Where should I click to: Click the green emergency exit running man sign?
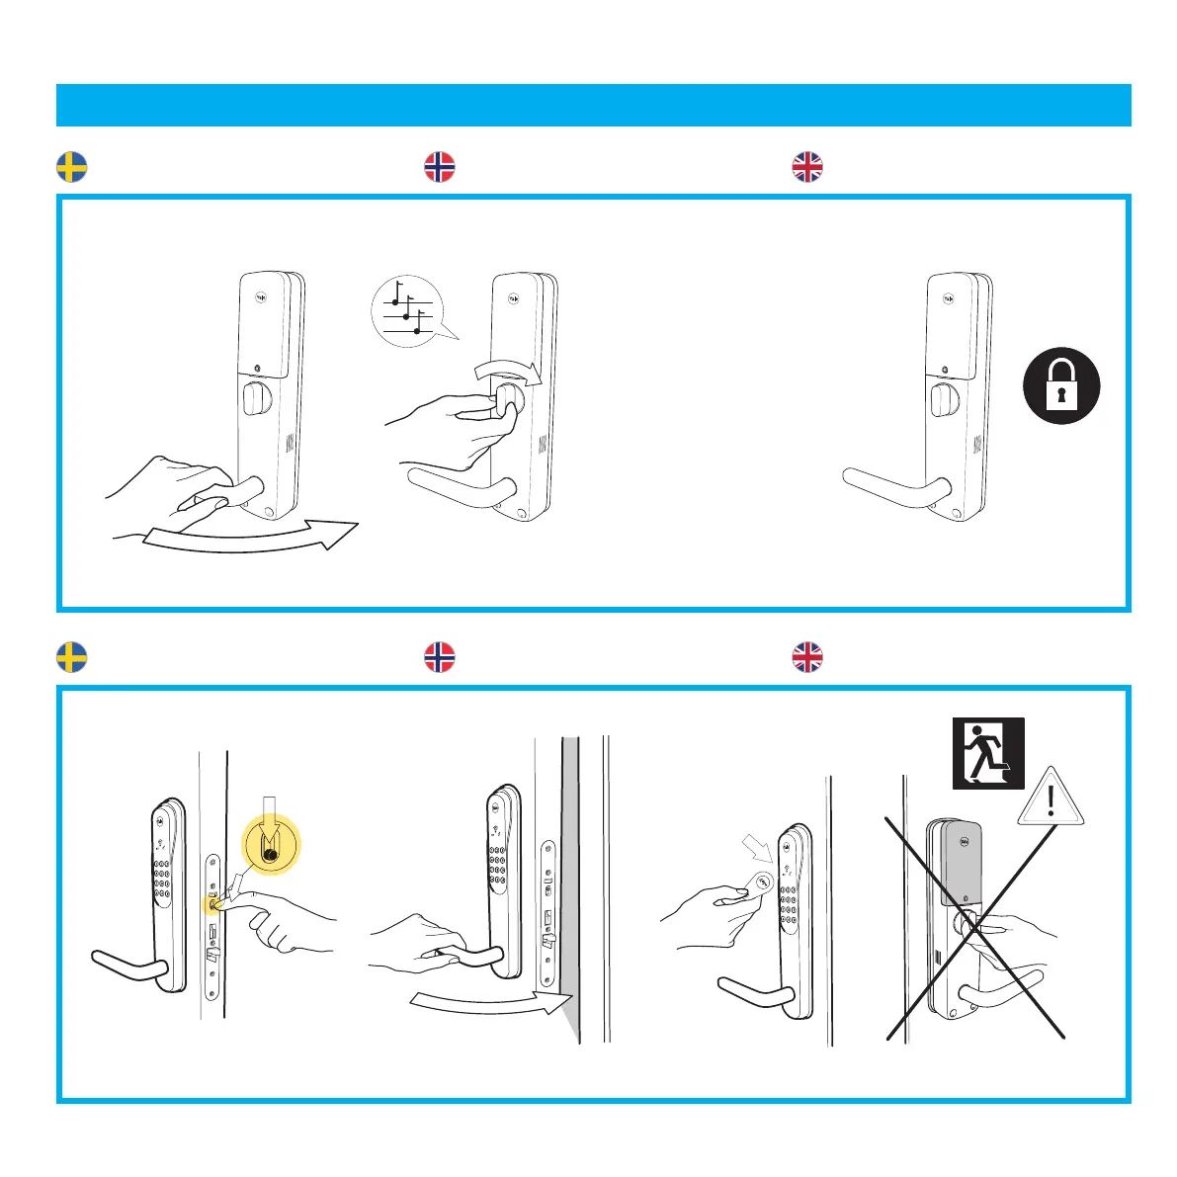coord(987,753)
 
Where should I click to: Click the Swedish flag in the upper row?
coord(71,167)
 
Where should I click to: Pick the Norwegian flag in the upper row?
coord(439,167)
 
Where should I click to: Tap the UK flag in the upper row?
coord(807,167)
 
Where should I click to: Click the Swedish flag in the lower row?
coord(71,657)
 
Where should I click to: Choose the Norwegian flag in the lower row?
coord(439,657)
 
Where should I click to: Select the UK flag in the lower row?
coord(807,657)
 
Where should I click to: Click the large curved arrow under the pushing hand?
coord(247,535)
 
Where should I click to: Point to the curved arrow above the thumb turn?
coord(509,372)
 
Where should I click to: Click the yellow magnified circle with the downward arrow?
coord(270,845)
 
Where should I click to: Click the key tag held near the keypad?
coord(758,882)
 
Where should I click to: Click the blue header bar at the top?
coord(593,105)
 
